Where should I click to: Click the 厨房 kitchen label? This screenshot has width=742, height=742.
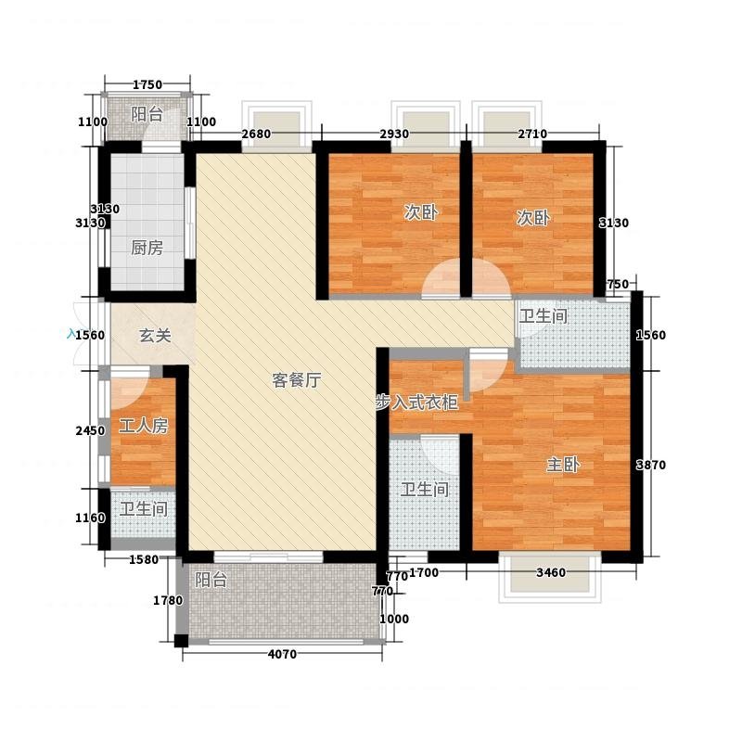[x=147, y=248]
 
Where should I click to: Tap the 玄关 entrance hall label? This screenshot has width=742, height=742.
[x=155, y=336]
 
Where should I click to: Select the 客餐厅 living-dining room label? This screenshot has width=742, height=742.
[x=297, y=380]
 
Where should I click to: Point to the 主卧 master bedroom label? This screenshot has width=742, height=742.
[x=563, y=465]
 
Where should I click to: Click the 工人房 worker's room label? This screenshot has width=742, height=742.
[x=144, y=427]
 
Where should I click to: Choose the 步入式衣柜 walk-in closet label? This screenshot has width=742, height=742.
[x=416, y=403]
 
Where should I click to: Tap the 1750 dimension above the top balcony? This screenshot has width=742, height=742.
[x=147, y=85]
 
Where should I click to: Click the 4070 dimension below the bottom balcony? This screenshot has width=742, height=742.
[x=282, y=655]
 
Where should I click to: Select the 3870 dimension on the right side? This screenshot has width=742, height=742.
[x=651, y=466]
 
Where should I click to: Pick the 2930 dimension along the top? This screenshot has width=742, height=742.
[x=394, y=134]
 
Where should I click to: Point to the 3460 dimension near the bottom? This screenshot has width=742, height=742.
[x=551, y=573]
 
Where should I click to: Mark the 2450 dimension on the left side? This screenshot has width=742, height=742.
[x=90, y=431]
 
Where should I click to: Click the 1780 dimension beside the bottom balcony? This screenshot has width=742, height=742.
[x=168, y=600]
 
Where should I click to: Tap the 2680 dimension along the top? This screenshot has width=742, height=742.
[x=256, y=134]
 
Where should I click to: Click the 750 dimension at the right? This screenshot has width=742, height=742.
[x=618, y=285]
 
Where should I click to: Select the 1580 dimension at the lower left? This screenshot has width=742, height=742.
[x=144, y=560]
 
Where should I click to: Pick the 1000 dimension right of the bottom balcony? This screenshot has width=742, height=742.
[x=394, y=619]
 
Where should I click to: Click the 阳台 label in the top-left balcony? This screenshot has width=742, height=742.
[x=147, y=114]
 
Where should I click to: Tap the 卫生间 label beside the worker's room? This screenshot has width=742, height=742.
[x=144, y=509]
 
